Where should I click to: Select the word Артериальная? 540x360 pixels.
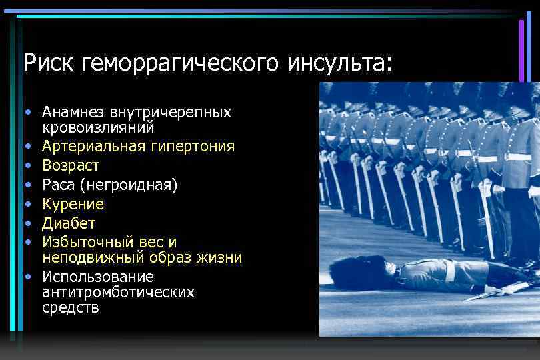coord(91,145)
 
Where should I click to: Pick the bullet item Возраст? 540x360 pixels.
coord(71,165)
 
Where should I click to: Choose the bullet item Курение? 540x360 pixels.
coord(73,203)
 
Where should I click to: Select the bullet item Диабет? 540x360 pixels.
coord(69,223)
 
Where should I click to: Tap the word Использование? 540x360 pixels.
coord(98,276)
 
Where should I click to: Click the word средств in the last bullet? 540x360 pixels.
coord(71,308)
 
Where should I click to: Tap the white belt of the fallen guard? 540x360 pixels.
coord(450,271)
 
